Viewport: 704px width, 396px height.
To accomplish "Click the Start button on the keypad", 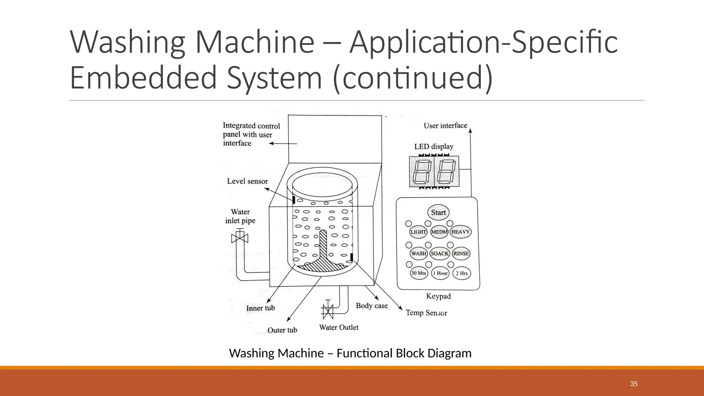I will tap(438, 212).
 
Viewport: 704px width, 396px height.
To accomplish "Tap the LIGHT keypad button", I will tap(418, 232).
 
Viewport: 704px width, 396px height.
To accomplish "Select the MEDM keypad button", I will tap(439, 232).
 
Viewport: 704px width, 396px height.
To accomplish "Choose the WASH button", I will tap(419, 253).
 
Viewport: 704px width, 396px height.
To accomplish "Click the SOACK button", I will tap(440, 253).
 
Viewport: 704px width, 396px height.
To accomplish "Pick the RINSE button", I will tap(461, 253).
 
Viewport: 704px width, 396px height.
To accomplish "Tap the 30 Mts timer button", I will tap(418, 273).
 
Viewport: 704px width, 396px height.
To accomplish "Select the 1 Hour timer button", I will tap(440, 273).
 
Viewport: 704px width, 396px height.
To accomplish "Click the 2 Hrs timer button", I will tap(462, 273).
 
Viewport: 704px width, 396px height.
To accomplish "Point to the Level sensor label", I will tap(247, 181).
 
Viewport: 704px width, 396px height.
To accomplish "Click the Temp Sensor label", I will tap(426, 312).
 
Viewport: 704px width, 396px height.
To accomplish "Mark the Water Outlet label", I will tap(339, 327).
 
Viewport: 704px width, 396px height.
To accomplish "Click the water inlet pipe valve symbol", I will tap(240, 238).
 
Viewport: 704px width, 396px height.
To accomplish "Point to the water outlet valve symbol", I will tap(327, 311).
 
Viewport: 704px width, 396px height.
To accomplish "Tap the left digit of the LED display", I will tap(422, 172).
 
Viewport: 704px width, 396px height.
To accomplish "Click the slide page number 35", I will tap(634, 384).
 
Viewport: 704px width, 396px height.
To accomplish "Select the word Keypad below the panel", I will tap(438, 296).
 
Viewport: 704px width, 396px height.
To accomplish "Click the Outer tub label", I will tap(282, 330).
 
